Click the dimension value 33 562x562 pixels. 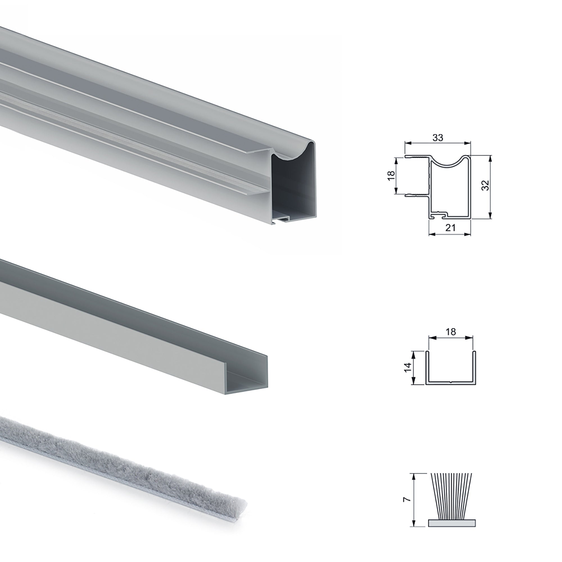438,138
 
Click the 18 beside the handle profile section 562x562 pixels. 391,175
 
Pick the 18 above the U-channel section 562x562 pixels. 451,332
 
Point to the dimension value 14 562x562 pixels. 408,367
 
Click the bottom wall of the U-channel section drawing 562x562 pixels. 451,383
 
